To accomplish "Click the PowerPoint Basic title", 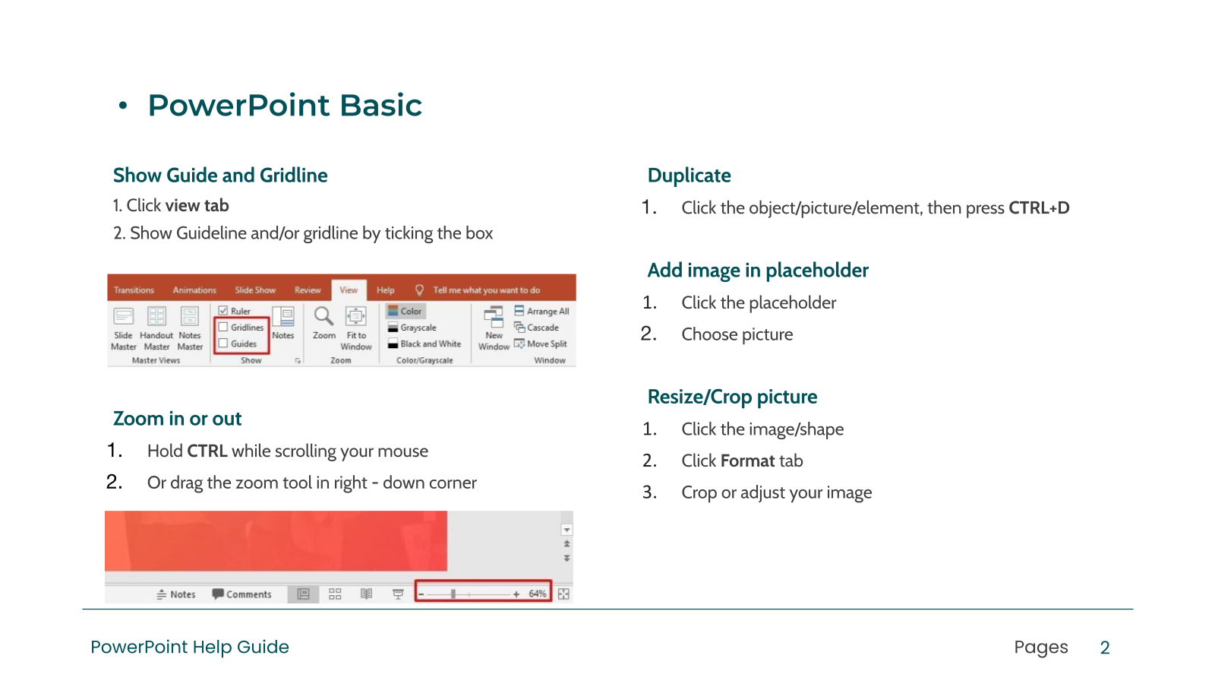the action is [285, 106].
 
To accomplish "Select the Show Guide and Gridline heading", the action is [220, 176].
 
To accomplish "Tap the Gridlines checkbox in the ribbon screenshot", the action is [223, 327].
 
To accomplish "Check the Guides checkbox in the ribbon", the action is [223, 343].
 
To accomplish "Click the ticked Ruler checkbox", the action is [223, 311].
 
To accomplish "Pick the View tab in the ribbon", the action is [349, 290].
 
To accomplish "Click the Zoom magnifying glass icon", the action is [323, 316].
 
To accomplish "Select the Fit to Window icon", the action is [356, 316].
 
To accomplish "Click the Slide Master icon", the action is [123, 316].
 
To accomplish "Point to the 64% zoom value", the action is [538, 594].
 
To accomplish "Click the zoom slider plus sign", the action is [516, 594].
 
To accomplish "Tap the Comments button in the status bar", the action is [242, 594].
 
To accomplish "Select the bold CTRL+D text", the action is [1039, 208].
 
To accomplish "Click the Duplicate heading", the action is [689, 176].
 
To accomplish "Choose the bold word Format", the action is [747, 461].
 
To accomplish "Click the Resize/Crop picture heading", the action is [732, 397].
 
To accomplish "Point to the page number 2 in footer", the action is [1105, 648].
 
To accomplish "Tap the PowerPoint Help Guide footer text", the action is [190, 647].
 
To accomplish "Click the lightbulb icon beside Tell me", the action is [419, 290].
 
